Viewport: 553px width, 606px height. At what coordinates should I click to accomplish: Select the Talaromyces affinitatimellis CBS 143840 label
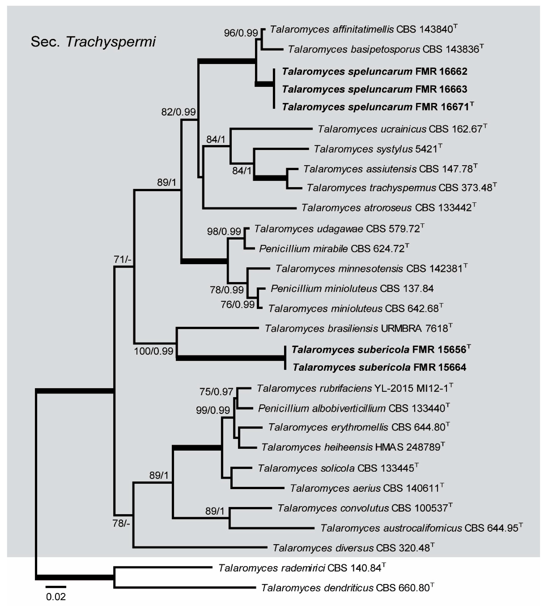point(363,29)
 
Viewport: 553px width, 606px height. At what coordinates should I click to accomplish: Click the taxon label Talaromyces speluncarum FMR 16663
point(375,89)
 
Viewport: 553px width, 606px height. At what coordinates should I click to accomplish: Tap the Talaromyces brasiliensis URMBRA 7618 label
point(358,328)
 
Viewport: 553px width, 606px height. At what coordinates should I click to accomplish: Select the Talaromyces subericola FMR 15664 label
point(379,367)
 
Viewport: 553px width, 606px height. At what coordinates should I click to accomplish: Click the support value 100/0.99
point(153,351)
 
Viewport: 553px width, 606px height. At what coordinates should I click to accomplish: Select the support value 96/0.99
point(241,33)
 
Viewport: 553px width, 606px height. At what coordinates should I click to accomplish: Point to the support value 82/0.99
point(178,112)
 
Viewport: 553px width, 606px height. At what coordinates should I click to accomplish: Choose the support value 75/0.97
point(216,392)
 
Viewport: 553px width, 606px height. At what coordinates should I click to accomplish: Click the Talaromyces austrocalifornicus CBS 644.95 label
point(421,528)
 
